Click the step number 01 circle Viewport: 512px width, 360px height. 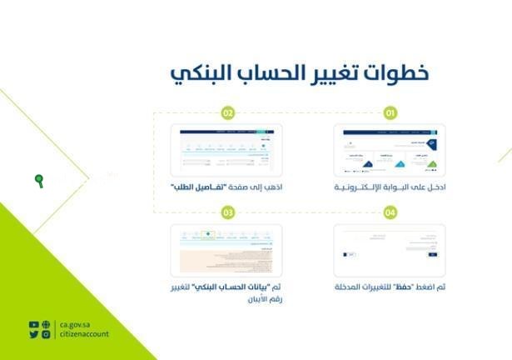pyautogui.click(x=388, y=112)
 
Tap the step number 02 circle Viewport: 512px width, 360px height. pyautogui.click(x=227, y=112)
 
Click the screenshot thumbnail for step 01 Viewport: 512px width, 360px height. pyautogui.click(x=389, y=151)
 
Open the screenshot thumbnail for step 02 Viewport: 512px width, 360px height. pyautogui.click(x=226, y=151)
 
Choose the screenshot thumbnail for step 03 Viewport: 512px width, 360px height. pyautogui.click(x=226, y=250)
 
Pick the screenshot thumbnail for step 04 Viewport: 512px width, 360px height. pyautogui.click(x=389, y=250)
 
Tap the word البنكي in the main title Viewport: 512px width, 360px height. pyautogui.click(x=201, y=74)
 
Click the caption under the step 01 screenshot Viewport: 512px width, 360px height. pyautogui.click(x=390, y=189)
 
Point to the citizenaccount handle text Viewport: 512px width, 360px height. pyautogui.click(x=83, y=334)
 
